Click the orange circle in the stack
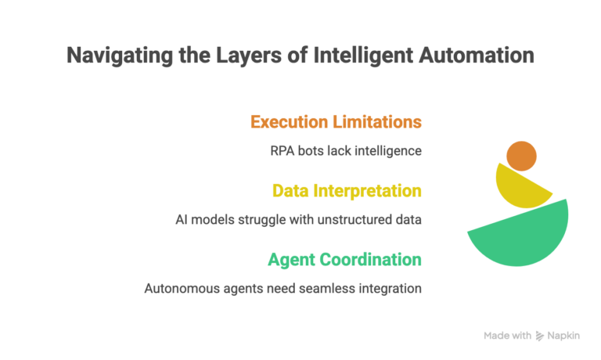pyautogui.click(x=521, y=156)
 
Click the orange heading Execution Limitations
pyautogui.click(x=336, y=122)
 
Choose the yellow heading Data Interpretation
pyautogui.click(x=347, y=190)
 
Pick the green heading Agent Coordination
pyautogui.click(x=344, y=259)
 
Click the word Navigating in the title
pyautogui.click(x=113, y=56)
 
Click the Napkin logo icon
pyautogui.click(x=540, y=336)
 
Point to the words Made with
pyautogui.click(x=507, y=336)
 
